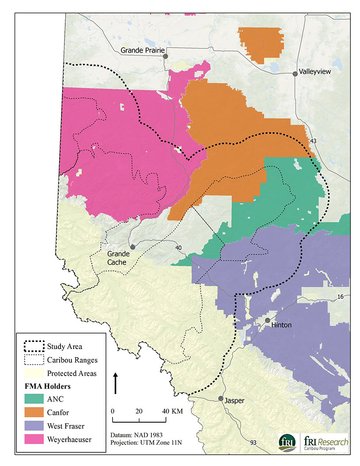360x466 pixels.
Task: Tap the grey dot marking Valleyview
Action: pos(295,74)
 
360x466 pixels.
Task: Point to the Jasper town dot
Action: pos(221,398)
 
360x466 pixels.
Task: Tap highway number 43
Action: pos(314,141)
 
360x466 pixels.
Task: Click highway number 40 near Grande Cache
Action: pos(178,248)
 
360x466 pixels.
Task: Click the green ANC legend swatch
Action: pos(34,399)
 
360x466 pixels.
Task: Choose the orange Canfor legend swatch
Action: pos(34,413)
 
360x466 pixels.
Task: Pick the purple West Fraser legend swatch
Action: pos(34,426)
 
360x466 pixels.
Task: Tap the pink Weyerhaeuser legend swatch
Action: pos(34,439)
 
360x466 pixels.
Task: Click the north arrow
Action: pos(116,382)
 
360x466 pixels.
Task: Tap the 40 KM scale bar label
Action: pos(171,410)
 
